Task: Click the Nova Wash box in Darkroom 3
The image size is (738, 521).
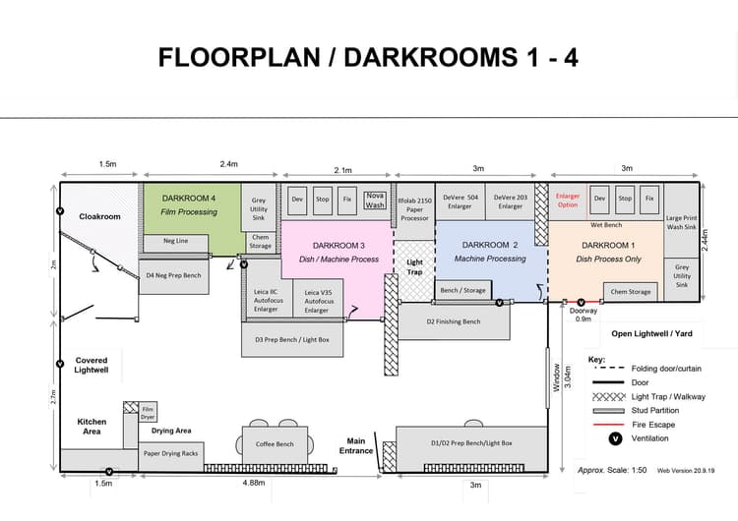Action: (375, 200)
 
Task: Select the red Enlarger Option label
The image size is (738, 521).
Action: (568, 201)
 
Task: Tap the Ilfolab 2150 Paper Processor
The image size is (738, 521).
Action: (414, 211)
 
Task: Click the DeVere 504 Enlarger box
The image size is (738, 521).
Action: (461, 202)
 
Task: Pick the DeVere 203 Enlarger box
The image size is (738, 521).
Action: (510, 202)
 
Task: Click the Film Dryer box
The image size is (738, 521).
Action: (148, 413)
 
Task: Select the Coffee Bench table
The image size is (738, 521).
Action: (275, 445)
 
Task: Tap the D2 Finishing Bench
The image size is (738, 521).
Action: (455, 321)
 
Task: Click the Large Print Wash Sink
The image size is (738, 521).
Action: (681, 220)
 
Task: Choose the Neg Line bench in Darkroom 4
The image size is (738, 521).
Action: (175, 243)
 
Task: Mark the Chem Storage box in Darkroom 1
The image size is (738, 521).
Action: (631, 292)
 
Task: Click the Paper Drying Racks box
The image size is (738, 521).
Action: (171, 455)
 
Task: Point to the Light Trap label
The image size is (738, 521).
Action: (414, 267)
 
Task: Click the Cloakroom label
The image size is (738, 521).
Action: (99, 217)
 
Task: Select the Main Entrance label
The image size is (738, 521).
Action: (356, 445)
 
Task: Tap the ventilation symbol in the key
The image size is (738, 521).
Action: (616, 438)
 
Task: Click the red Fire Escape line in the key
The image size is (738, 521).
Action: (608, 425)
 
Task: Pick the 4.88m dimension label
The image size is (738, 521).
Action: (254, 483)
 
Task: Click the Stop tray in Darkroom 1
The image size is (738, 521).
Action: (625, 200)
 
